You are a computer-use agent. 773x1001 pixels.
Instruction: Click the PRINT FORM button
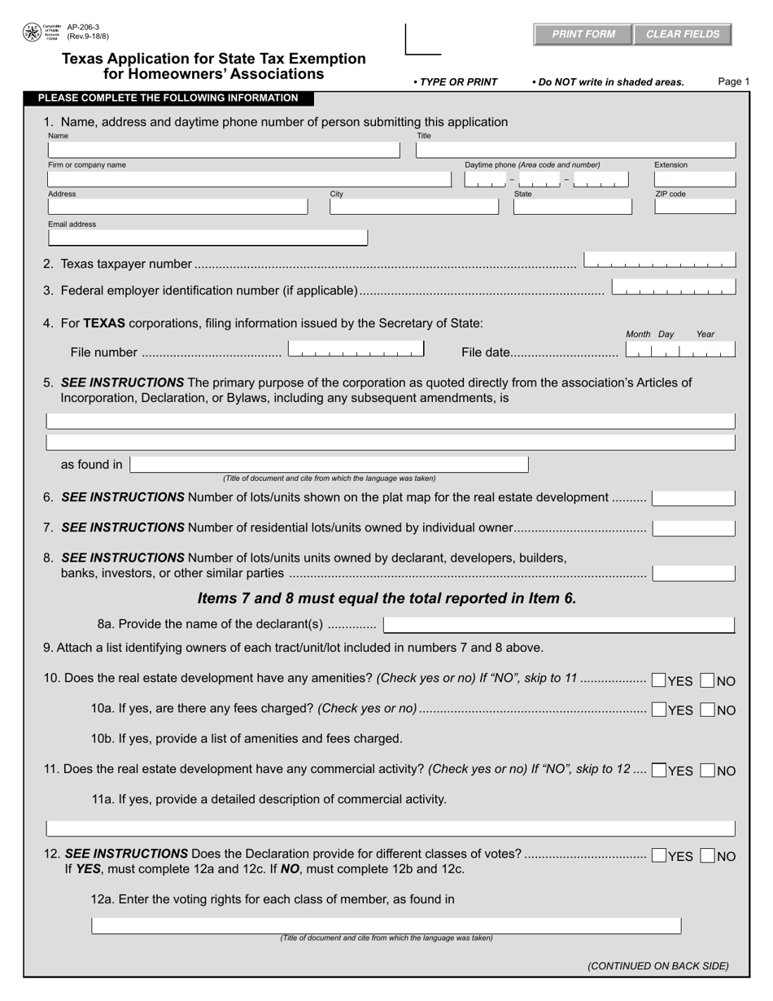pos(583,34)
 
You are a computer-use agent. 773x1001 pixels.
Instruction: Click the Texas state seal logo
pos(31,33)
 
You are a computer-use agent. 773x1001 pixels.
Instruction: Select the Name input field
pos(224,150)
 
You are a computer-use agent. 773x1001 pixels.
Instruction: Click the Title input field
pos(575,150)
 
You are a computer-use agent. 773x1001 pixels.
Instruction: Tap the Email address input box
pos(207,238)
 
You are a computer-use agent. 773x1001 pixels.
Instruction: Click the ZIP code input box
pos(694,207)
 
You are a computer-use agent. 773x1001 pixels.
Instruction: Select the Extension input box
pos(694,179)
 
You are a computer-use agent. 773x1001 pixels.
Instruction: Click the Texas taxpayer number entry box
pos(659,261)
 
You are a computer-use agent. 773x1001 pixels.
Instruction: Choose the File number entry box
pos(356,351)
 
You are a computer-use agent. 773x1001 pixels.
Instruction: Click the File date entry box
pos(679,351)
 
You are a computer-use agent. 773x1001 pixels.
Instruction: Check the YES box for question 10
pos(659,680)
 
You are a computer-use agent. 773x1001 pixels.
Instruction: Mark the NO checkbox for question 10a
pos(708,710)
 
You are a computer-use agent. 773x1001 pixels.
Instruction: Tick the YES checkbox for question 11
pos(660,770)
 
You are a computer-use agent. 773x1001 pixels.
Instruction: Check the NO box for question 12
pos(708,856)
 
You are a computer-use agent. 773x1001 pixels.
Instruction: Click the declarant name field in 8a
pos(558,625)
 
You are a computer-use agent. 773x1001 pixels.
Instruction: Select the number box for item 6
pos(693,498)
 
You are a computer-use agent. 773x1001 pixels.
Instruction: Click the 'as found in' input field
pos(329,465)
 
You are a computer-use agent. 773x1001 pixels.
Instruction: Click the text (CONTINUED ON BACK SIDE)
pos(657,966)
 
